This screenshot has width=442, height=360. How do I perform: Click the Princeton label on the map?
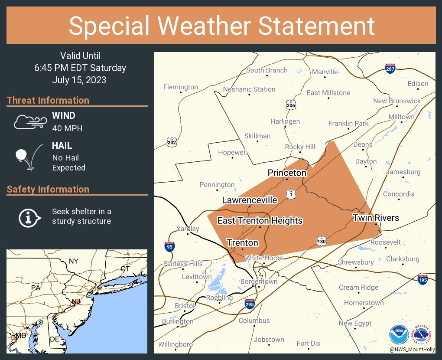click(287, 173)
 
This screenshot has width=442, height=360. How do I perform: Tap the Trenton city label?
click(242, 242)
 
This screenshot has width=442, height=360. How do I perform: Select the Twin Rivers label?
click(375, 217)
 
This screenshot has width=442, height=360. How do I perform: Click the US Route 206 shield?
click(291, 105)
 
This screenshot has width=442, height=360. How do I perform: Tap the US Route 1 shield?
click(291, 194)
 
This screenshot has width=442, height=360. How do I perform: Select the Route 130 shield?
click(321, 241)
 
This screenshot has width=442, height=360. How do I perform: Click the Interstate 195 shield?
click(423, 279)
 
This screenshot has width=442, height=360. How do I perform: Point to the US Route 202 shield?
click(172, 142)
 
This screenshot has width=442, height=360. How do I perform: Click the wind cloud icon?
click(29, 122)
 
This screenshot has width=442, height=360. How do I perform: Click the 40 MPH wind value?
click(67, 128)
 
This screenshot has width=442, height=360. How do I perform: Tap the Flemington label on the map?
click(180, 87)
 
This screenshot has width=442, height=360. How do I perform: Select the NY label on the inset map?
click(74, 261)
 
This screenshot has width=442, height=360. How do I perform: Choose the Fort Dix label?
click(309, 343)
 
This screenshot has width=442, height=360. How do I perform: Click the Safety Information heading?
click(48, 189)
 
